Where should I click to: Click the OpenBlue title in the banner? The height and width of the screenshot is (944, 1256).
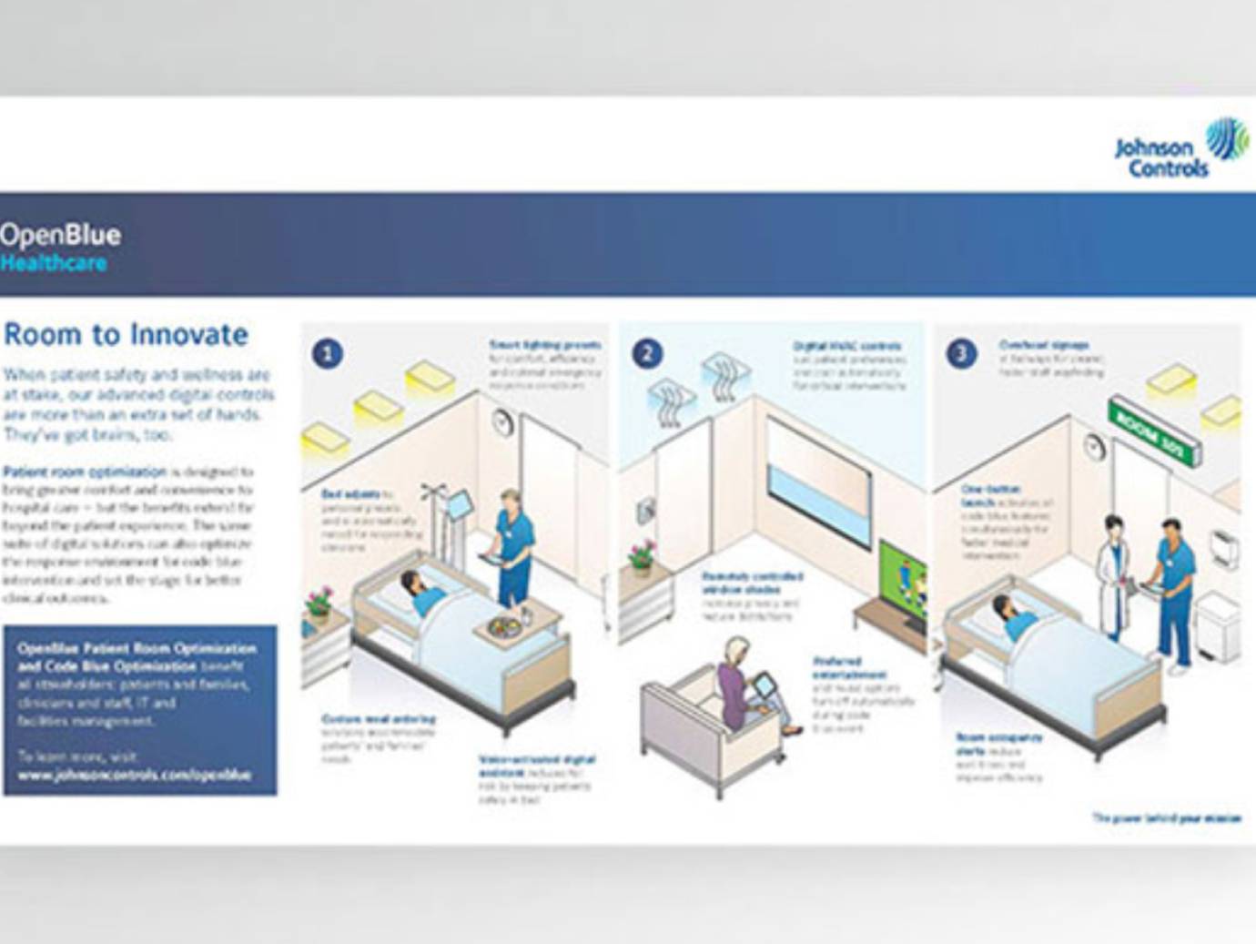[x=60, y=235]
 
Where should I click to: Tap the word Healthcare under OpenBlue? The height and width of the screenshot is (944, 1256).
[x=54, y=263]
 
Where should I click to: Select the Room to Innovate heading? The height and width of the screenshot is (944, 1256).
[x=126, y=334]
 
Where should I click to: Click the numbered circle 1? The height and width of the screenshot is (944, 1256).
[x=328, y=353]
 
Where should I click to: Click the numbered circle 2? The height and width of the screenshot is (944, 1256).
[x=647, y=353]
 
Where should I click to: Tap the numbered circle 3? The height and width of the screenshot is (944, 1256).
[x=961, y=353]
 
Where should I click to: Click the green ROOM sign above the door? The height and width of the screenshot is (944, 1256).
[x=1154, y=435]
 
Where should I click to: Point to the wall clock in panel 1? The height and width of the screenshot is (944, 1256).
[x=503, y=421]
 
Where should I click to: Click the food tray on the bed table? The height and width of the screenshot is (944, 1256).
[x=503, y=626]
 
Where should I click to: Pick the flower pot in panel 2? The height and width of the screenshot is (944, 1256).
[x=643, y=555]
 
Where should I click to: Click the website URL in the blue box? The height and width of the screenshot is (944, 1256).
[x=134, y=776]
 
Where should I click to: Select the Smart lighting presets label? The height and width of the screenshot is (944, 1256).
[x=544, y=346]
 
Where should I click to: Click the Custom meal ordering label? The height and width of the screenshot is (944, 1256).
[x=378, y=719]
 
